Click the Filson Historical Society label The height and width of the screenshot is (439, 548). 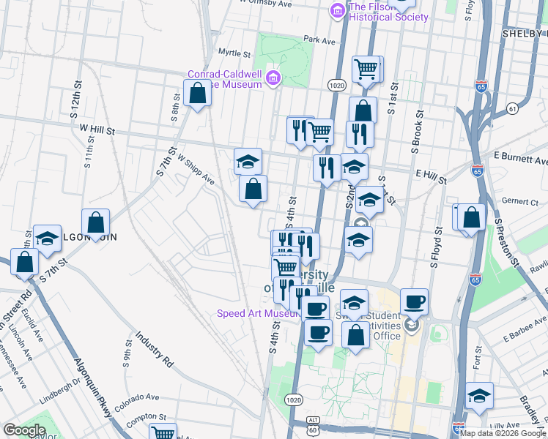[x=388, y=12]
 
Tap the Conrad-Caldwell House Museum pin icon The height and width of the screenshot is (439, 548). [x=273, y=78]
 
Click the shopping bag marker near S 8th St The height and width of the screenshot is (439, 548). [x=197, y=94]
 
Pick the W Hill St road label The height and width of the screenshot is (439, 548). [x=97, y=130]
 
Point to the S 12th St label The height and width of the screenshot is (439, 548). [x=74, y=106]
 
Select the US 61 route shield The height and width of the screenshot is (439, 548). [x=511, y=109]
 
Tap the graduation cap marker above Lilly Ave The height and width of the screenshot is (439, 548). [x=480, y=396]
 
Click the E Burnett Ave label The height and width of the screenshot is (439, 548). [x=520, y=159]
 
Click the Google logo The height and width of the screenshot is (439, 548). [x=24, y=430]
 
